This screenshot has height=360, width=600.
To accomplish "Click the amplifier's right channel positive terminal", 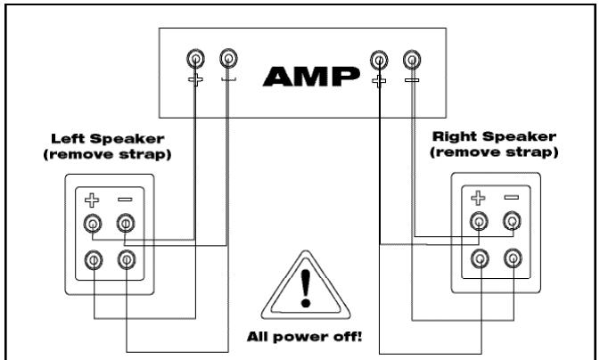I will [x=380, y=60].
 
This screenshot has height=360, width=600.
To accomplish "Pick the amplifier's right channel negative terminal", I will [x=411, y=60].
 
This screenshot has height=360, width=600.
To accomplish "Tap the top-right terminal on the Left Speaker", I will [x=127, y=223].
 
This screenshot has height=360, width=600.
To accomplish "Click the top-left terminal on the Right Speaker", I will [x=480, y=222].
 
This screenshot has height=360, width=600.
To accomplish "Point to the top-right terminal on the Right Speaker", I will [x=512, y=222].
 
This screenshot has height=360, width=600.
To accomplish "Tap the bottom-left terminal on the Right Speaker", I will [x=480, y=258].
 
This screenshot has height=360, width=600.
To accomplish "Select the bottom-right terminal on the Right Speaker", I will [x=512, y=258].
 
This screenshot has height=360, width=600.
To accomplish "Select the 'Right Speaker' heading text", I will [x=493, y=137].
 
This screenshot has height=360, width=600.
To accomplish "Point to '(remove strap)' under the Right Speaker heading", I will [x=493, y=152].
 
